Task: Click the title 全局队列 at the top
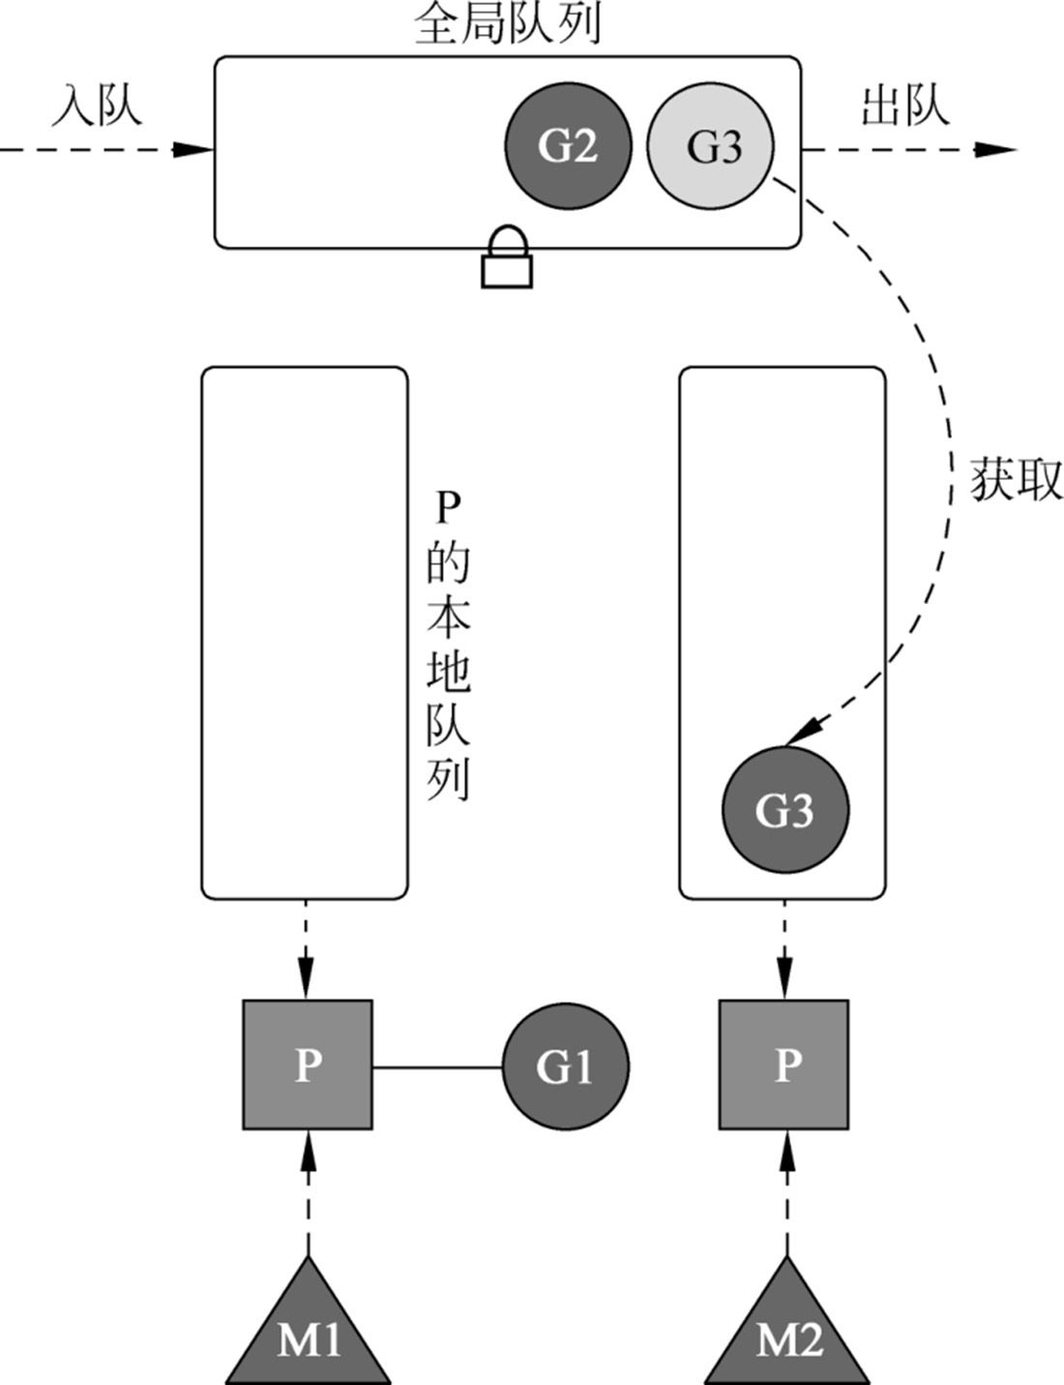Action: coord(507,24)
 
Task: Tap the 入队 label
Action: coord(97,105)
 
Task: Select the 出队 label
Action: coord(905,105)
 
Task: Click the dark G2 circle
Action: coord(567,145)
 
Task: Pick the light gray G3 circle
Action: coord(711,145)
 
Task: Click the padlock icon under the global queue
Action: coord(507,259)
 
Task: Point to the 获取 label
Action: coord(1016,480)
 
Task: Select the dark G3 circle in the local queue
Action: coord(785,809)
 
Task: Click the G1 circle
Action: coord(565,1066)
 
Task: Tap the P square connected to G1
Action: coord(308,1065)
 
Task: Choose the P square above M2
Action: coord(784,1065)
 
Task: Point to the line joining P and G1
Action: coord(437,1068)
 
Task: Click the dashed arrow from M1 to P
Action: coord(309,1195)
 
